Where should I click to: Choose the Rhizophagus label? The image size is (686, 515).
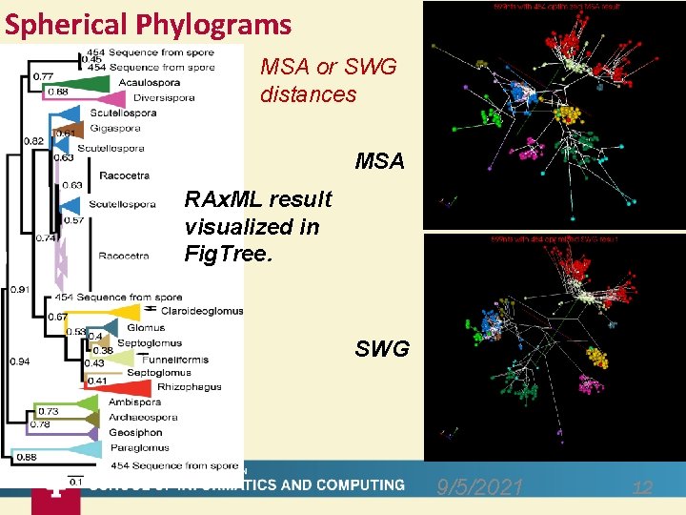[190, 387]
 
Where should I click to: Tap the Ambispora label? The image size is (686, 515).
[134, 402]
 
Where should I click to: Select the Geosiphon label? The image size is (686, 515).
[136, 432]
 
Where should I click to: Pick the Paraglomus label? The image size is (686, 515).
[140, 447]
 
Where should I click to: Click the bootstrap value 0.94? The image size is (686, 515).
[18, 361]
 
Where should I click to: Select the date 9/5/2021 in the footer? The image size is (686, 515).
[479, 488]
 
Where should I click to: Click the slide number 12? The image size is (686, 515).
[642, 488]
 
